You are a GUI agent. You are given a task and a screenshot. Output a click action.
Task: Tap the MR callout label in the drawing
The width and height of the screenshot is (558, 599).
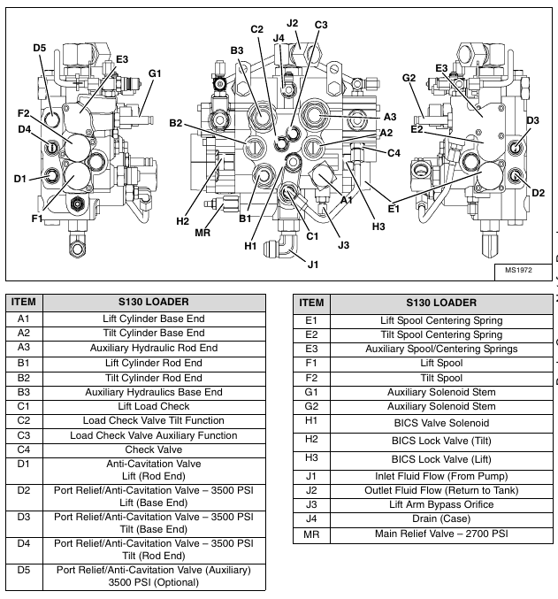pyautogui.click(x=202, y=232)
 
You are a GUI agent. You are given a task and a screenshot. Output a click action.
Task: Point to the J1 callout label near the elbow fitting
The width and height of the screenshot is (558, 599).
pyautogui.click(x=312, y=263)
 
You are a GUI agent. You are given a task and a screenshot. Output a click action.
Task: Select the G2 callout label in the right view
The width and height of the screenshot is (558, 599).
pyautogui.click(x=409, y=79)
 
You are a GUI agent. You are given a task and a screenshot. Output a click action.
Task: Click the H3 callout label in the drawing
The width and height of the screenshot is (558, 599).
pyautogui.click(x=378, y=227)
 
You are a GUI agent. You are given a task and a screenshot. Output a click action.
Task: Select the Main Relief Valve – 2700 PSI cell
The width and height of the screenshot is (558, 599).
pyautogui.click(x=441, y=534)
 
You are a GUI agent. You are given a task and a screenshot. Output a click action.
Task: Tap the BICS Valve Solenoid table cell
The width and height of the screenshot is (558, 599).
pyautogui.click(x=441, y=423)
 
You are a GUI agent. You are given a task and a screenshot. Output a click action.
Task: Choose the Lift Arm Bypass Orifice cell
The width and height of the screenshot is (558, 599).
pyautogui.click(x=441, y=504)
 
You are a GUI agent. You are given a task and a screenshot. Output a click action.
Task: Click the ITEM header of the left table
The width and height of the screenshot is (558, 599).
pyautogui.click(x=23, y=302)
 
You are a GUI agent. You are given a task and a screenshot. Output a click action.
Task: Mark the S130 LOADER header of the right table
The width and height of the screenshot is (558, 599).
pyautogui.click(x=441, y=302)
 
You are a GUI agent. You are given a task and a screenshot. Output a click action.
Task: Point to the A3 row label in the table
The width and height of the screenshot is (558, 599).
pyautogui.click(x=23, y=348)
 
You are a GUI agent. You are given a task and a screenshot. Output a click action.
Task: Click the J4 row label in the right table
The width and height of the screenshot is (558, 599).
pyautogui.click(x=310, y=518)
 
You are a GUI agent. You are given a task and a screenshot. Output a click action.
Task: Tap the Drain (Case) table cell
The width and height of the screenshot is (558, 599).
pyautogui.click(x=441, y=518)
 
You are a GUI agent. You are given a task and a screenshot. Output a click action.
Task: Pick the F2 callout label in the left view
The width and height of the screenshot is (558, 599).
pyautogui.click(x=23, y=113)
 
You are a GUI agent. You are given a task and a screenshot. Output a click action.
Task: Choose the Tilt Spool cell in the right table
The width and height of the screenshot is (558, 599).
pyautogui.click(x=441, y=377)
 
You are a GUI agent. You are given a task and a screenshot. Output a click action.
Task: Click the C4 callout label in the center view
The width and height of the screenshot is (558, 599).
pyautogui.click(x=394, y=152)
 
